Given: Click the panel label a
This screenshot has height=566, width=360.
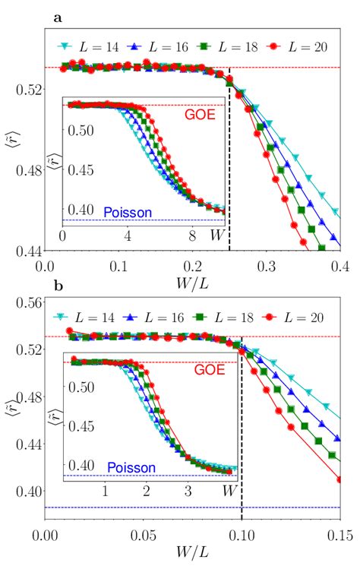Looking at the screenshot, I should coord(58,14).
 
